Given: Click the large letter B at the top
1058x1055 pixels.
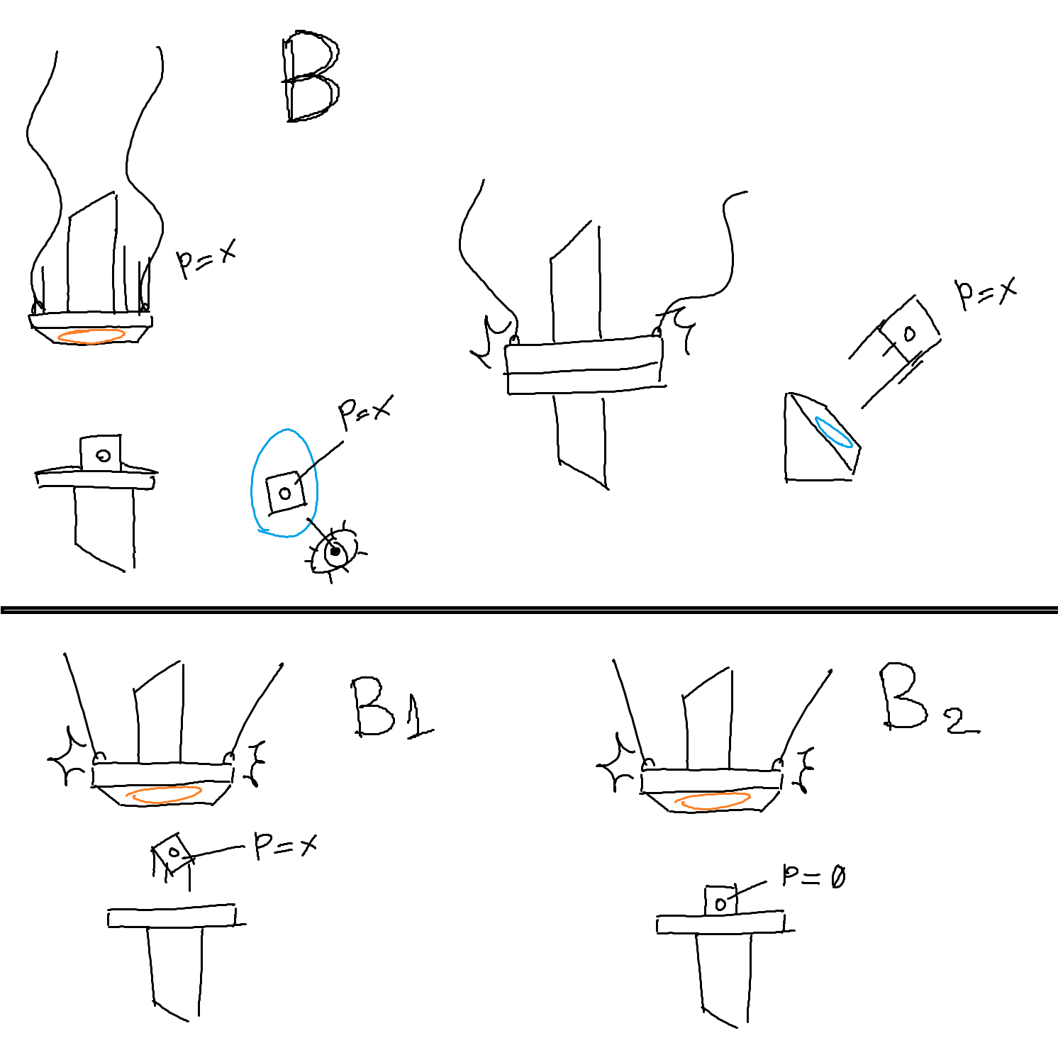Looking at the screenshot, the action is pyautogui.click(x=311, y=77).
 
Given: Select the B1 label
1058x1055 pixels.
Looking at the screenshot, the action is pyautogui.click(x=392, y=708).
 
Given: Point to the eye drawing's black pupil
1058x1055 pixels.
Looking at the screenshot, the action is pyautogui.click(x=335, y=551).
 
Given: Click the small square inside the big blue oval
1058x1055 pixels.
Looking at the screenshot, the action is pyautogui.click(x=285, y=493).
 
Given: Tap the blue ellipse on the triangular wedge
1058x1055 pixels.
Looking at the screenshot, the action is pyautogui.click(x=833, y=432).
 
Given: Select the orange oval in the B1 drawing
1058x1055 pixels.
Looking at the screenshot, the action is pyautogui.click(x=164, y=795).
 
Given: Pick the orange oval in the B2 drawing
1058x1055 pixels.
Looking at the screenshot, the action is pyautogui.click(x=713, y=801).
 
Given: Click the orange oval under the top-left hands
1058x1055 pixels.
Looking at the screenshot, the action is pyautogui.click(x=91, y=335).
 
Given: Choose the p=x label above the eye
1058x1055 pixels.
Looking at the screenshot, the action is pyautogui.click(x=364, y=413).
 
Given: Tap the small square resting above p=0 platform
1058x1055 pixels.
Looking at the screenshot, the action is pyautogui.click(x=720, y=900).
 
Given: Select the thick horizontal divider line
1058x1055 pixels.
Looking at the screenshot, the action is pyautogui.click(x=529, y=609).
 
